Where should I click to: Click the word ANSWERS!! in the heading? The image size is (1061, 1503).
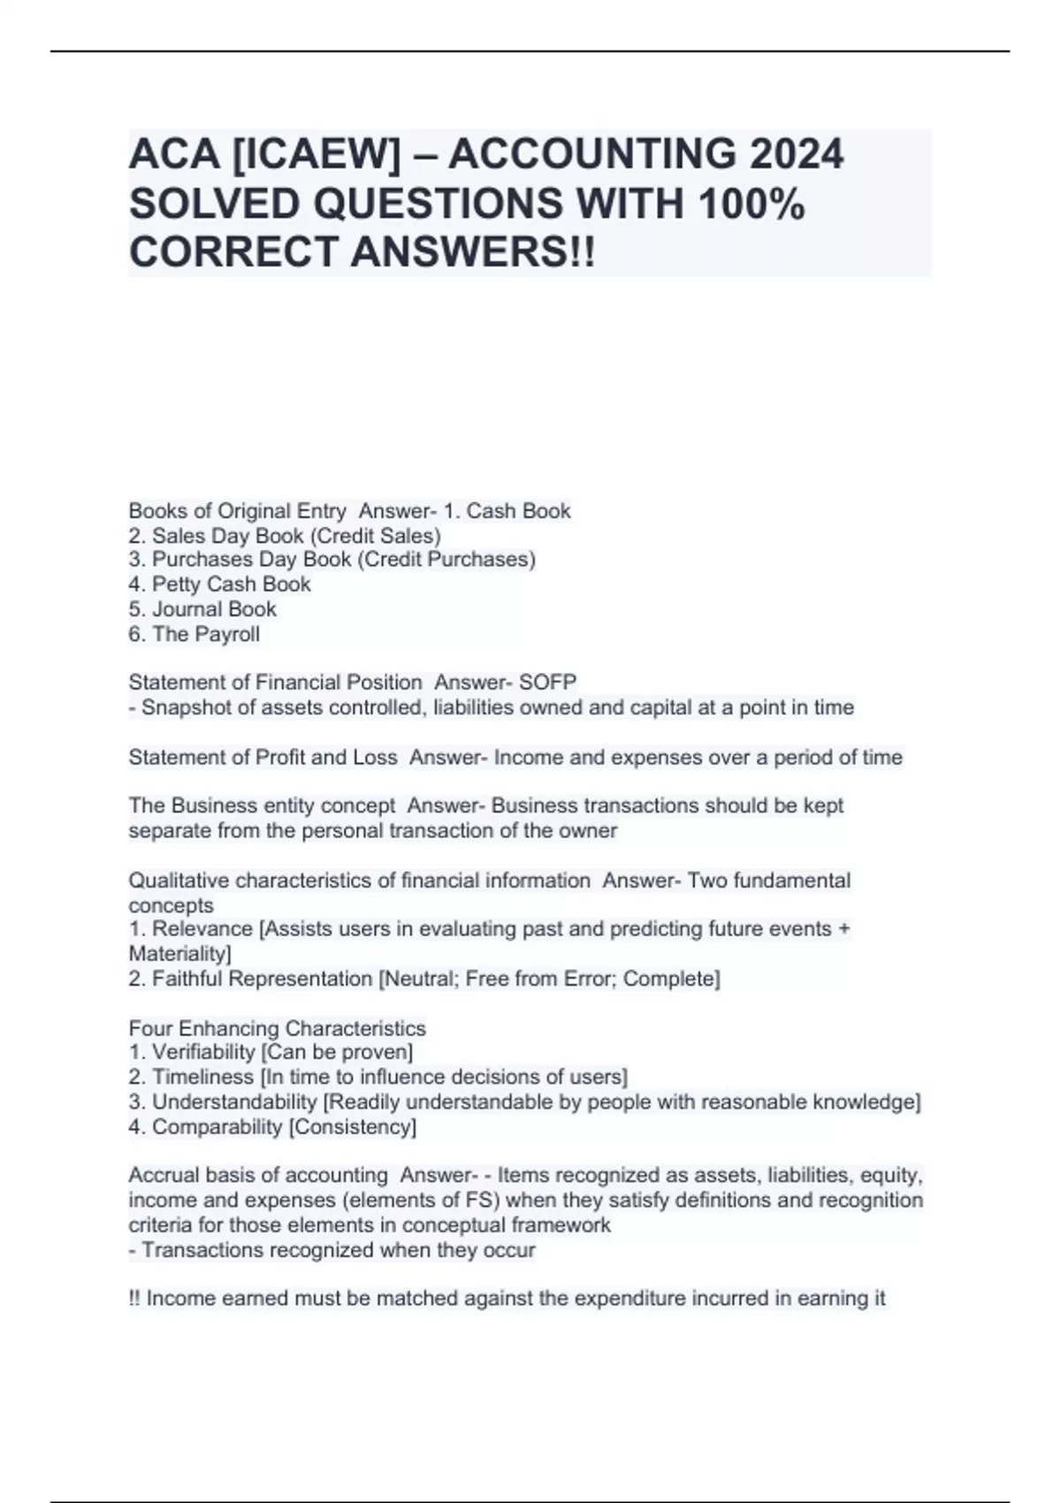pos(474,253)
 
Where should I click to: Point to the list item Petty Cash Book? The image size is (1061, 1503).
pos(231,584)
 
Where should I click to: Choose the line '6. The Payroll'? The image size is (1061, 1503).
pos(194,634)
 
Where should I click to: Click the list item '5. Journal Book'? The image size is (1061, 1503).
pos(202,609)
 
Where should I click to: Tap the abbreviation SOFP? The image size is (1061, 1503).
pos(548,683)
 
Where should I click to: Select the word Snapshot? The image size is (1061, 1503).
pos(182,707)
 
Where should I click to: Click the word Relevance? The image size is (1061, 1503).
pos(202,929)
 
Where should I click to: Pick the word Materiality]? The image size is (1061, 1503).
pos(179,954)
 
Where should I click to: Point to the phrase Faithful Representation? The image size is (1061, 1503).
pos(263,979)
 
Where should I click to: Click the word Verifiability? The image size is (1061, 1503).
pos(203,1052)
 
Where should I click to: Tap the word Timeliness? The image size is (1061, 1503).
pos(202,1077)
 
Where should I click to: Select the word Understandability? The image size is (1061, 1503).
pos(234,1102)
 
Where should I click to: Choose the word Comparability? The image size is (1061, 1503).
pos(217,1126)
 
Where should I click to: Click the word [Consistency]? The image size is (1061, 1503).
pos(353,1126)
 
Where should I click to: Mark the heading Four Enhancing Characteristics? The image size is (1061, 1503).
pos(277,1028)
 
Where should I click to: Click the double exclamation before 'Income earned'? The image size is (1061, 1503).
pos(134,1299)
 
